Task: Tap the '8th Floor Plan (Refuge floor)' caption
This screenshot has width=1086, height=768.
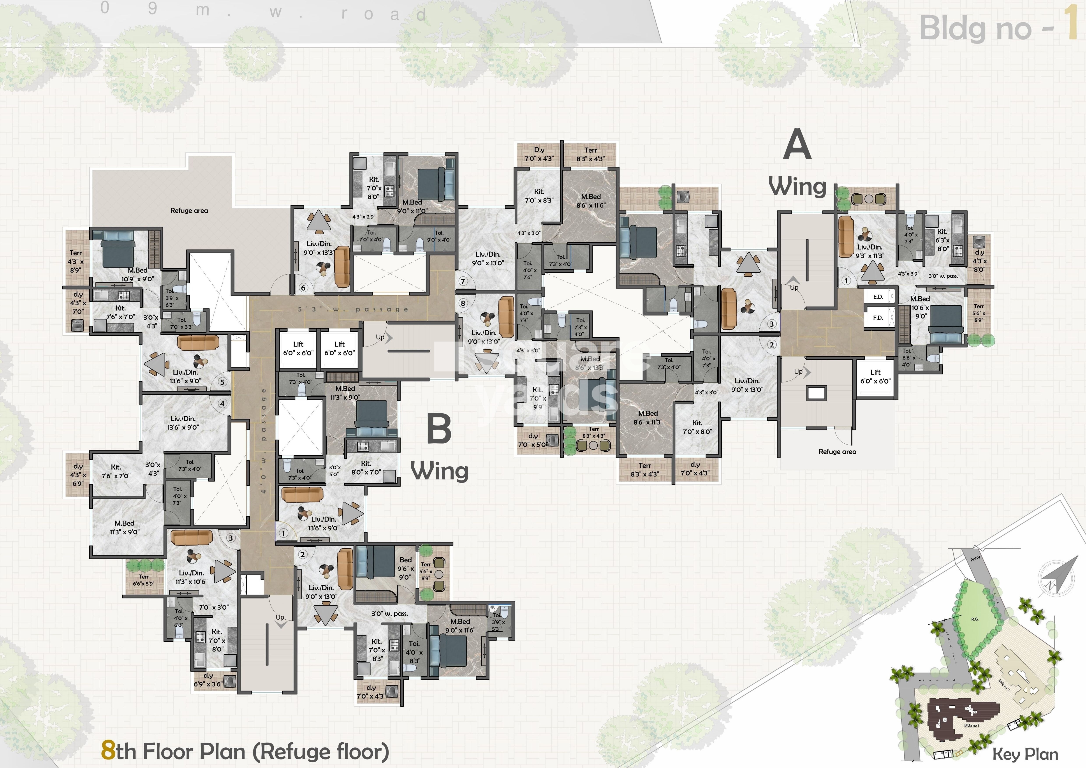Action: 245,751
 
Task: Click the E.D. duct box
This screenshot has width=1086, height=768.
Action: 878,297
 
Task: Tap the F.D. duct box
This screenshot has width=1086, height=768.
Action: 878,318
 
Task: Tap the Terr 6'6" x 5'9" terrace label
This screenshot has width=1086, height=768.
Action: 143,580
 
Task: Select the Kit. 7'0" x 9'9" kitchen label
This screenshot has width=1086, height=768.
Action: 538,398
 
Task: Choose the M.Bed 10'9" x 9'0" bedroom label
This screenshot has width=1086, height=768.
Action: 137,274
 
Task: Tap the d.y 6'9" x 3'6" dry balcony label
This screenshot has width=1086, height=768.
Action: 208,680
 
